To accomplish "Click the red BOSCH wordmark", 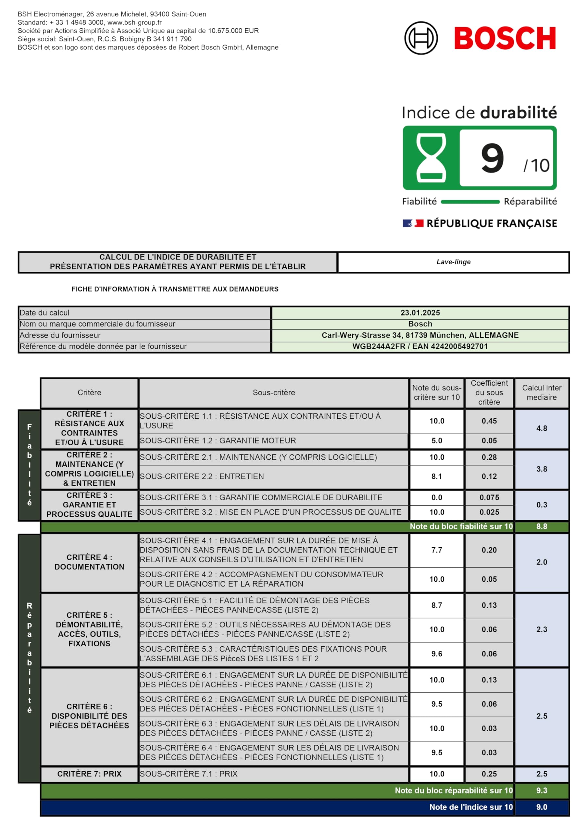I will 505,38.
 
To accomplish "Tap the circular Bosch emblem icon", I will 421,38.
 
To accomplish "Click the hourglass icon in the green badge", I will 431,157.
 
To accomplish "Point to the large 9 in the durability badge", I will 493,158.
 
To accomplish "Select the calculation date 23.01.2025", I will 420,313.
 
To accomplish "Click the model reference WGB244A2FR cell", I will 420,346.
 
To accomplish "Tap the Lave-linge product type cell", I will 453,262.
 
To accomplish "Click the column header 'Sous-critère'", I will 274,392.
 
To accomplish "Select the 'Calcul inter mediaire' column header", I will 541,392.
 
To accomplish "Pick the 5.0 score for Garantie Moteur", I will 437,440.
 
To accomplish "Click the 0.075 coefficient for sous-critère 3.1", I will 489,497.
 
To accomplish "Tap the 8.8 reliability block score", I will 541,526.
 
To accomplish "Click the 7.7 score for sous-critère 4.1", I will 437,550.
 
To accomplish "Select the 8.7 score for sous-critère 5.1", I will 437,605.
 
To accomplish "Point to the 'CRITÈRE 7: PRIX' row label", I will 89,774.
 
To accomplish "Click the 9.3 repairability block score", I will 541,790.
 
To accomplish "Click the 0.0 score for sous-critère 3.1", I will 437,497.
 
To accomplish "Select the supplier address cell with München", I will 420,335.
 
